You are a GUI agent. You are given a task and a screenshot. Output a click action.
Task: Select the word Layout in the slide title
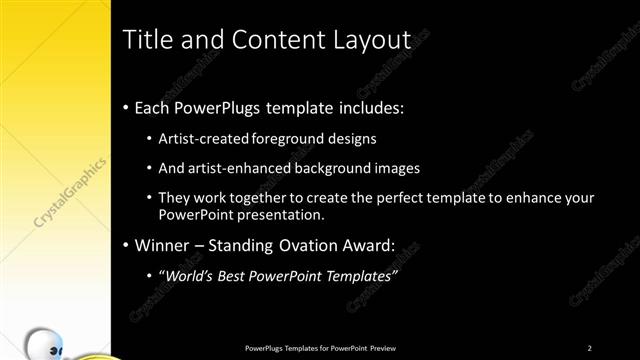pyautogui.click(x=372, y=41)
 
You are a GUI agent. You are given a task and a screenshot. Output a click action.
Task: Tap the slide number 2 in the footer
pyautogui.click(x=590, y=348)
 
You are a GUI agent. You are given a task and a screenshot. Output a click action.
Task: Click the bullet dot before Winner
pyautogui.click(x=125, y=245)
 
